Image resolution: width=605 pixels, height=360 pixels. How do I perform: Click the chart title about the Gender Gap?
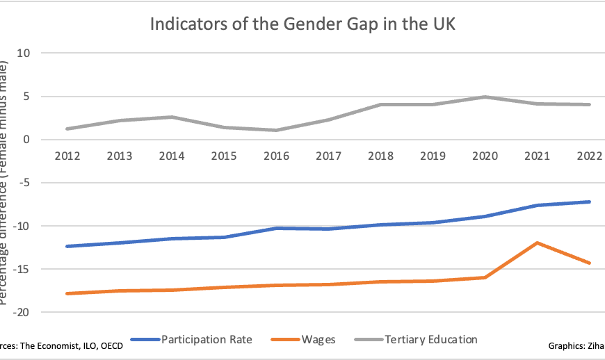[302, 24]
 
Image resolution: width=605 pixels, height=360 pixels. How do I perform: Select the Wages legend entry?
[318, 340]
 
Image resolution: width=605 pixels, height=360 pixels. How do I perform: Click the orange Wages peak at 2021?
[538, 243]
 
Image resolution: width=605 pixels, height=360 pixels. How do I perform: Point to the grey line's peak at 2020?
[485, 97]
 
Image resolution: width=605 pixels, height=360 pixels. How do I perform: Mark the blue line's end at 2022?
[590, 202]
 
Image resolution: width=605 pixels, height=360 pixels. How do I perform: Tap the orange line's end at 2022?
[590, 263]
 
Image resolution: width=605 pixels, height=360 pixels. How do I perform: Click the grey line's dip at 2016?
[277, 130]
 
